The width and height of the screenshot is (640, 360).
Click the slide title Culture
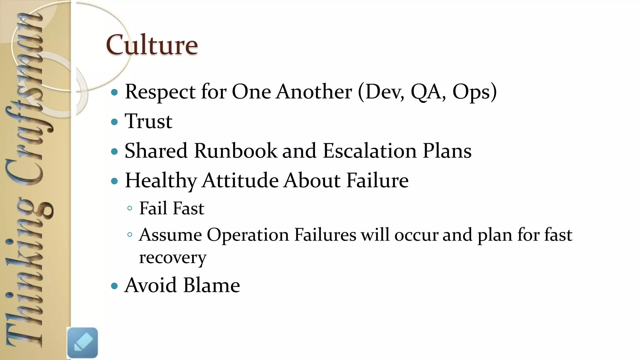click(x=152, y=45)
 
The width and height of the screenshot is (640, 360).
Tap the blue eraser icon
click(x=82, y=342)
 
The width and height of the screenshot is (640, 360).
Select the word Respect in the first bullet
click(x=160, y=92)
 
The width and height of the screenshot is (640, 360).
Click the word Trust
click(x=148, y=121)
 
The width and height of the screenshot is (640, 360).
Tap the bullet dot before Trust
click(x=115, y=122)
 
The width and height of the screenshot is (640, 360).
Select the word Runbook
click(x=235, y=151)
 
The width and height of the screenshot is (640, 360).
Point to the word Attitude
click(x=240, y=181)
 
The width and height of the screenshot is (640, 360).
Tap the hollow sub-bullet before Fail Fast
click(x=130, y=208)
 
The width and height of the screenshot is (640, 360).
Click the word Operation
click(x=247, y=235)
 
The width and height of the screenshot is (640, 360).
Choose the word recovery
click(x=172, y=258)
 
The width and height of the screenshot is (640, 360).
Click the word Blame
click(x=212, y=285)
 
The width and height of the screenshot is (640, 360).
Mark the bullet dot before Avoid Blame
click(x=115, y=285)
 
